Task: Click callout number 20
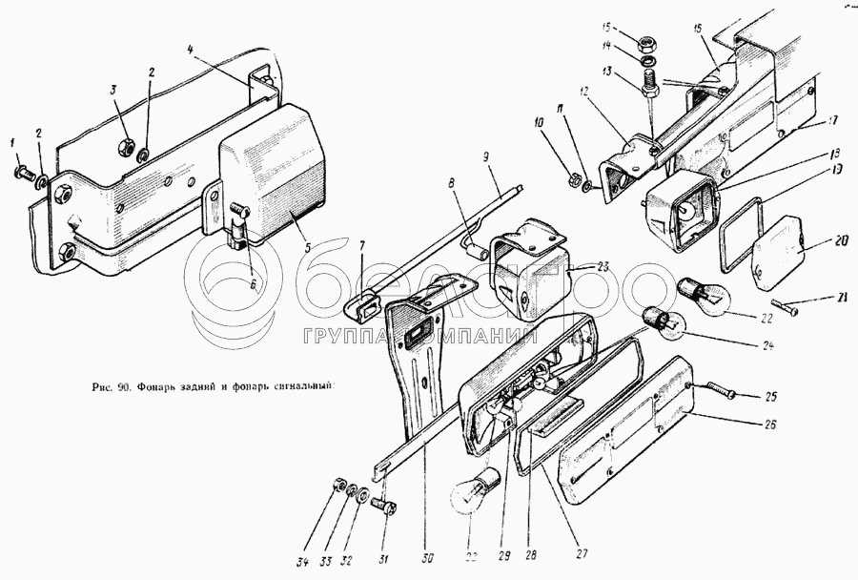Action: [x=816, y=241]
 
